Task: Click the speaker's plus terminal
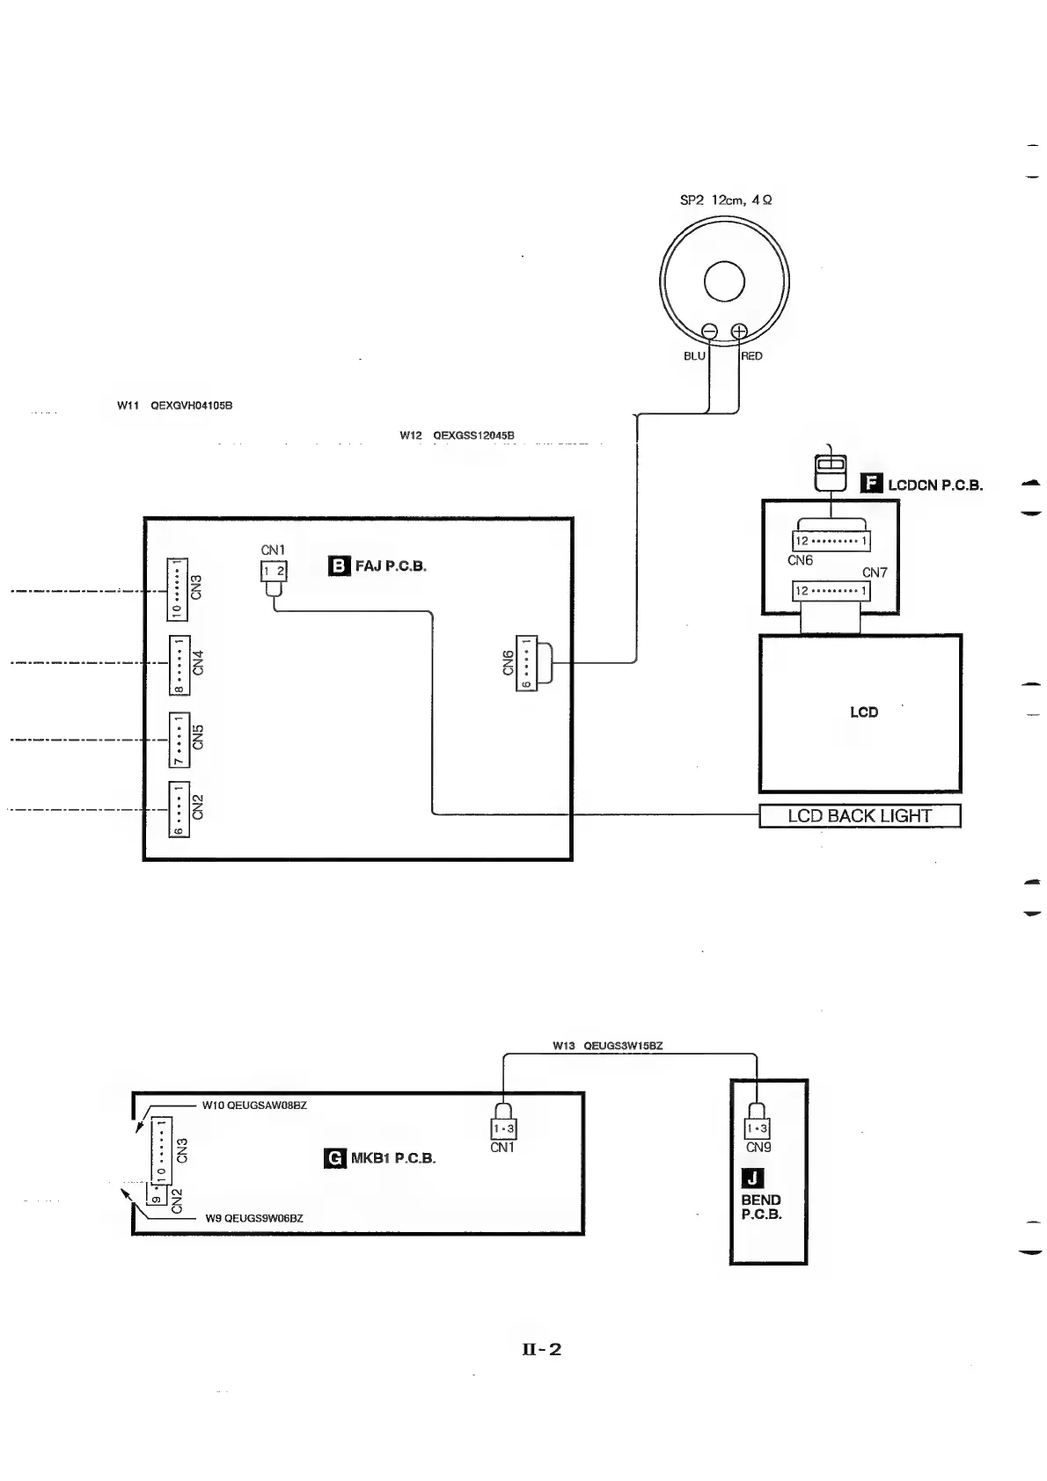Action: point(739,332)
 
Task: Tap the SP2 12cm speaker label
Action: point(726,201)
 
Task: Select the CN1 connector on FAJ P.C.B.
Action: point(274,572)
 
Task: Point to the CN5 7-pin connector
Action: point(179,739)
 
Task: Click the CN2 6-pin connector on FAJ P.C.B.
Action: point(179,809)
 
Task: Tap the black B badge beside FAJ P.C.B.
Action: point(339,565)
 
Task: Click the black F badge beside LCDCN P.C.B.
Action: point(871,484)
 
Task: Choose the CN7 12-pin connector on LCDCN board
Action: point(831,591)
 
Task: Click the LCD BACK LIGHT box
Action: point(860,816)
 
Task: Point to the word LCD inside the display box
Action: point(863,712)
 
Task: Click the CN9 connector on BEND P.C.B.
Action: point(757,1128)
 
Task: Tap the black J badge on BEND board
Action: point(754,1178)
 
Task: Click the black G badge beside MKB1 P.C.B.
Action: point(334,1158)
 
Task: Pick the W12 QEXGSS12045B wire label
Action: point(457,435)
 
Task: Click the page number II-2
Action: point(541,1349)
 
